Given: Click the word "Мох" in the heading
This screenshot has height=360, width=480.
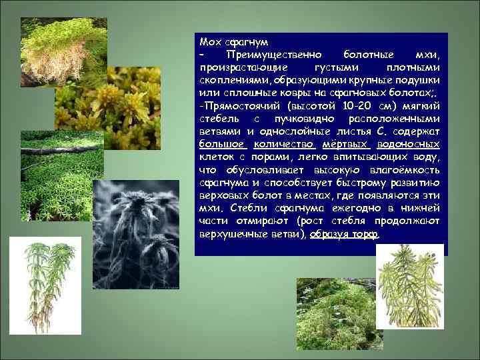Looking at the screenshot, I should tap(209, 42).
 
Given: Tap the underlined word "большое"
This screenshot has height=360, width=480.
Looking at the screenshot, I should tap(222, 143).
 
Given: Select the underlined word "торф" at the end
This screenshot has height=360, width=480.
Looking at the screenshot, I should tap(366, 235).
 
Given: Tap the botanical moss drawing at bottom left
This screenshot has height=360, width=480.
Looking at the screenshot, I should tap(50, 280).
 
